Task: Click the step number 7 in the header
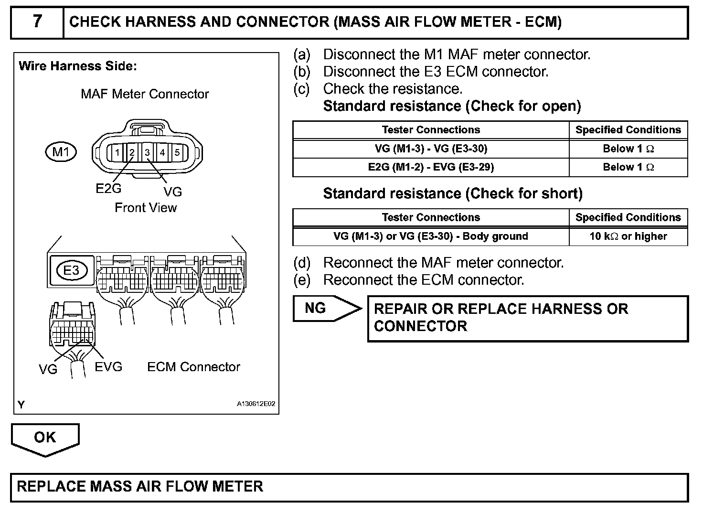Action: [37, 21]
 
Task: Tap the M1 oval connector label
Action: [61, 152]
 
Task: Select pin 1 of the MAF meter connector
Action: [117, 153]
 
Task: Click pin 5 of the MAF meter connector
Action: [177, 153]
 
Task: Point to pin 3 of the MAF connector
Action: [148, 153]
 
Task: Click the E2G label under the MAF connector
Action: [108, 189]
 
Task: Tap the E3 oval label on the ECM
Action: [72, 270]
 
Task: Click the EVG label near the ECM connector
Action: [108, 367]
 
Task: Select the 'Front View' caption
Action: [146, 208]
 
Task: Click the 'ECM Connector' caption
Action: [193, 367]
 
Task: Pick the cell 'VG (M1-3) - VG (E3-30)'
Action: [431, 149]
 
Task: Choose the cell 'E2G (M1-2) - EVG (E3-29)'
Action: [431, 167]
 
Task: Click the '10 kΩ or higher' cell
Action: [628, 236]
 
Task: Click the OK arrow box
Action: [45, 438]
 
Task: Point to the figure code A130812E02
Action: [256, 404]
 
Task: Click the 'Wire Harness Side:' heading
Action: [77, 66]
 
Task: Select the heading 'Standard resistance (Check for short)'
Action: [453, 193]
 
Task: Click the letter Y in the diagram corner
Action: [21, 405]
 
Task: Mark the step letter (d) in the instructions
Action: [302, 263]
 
